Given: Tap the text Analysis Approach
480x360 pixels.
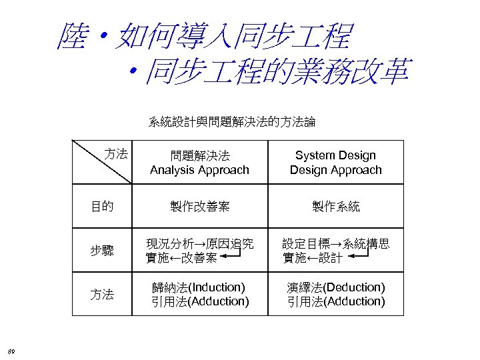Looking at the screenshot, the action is [x=199, y=170].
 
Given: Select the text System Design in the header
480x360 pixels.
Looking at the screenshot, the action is [x=335, y=155].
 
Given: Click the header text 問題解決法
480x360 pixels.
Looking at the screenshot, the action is [x=199, y=155].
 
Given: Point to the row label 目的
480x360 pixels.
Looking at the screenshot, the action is [x=102, y=207].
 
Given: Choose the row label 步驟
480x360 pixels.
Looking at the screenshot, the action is [x=102, y=251].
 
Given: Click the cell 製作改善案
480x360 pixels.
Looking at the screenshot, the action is [x=199, y=207].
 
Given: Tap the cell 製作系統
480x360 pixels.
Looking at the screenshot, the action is [x=335, y=207].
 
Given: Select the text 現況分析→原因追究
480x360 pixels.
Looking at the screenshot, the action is [x=199, y=244].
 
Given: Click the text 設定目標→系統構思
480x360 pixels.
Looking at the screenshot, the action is [x=335, y=244].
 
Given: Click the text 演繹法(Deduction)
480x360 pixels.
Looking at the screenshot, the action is [x=335, y=287].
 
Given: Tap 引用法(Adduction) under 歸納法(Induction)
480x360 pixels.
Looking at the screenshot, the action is [x=199, y=301].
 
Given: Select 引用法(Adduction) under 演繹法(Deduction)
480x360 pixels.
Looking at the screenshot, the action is [x=335, y=301].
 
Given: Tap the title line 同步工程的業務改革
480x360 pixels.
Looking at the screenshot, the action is [x=277, y=71].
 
